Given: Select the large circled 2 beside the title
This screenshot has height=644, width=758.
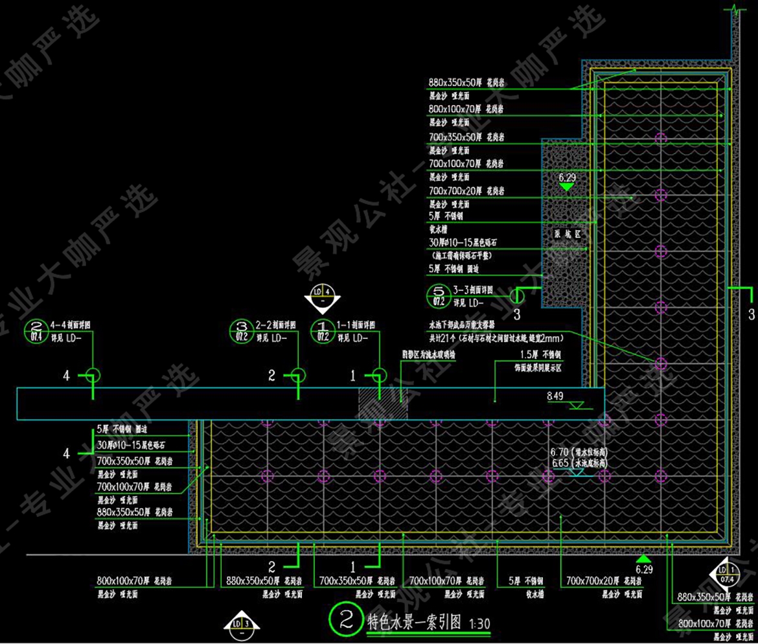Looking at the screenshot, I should click(345, 619).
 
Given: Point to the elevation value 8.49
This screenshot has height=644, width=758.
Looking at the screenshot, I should click(556, 395).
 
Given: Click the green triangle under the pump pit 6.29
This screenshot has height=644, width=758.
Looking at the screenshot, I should click(567, 187).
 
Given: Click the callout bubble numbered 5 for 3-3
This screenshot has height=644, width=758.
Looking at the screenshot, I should click(439, 296).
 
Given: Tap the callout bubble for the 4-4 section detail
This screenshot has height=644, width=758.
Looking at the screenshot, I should click(36, 330).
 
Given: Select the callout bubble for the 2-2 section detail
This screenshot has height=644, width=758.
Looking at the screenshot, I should click(242, 330).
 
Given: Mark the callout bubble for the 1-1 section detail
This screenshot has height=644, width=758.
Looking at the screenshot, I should click(322, 330).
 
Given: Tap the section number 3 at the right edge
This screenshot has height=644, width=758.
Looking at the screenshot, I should click(752, 315).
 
